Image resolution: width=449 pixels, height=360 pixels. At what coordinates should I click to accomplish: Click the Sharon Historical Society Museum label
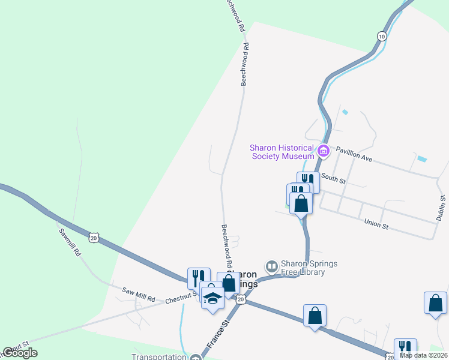pyautogui.click(x=282, y=152)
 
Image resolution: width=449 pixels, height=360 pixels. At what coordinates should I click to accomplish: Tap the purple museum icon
pyautogui.click(x=324, y=151)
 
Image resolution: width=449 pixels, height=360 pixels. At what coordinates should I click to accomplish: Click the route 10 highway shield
pyautogui.click(x=382, y=37)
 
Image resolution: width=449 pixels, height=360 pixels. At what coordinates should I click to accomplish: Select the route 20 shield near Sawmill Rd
pyautogui.click(x=93, y=238)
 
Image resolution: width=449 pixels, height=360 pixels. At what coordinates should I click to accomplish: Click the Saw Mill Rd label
pyautogui.click(x=139, y=294)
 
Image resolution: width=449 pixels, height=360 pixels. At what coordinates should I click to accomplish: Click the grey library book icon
pyautogui.click(x=272, y=265)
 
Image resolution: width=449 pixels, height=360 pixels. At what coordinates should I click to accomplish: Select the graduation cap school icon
pyautogui.click(x=212, y=297)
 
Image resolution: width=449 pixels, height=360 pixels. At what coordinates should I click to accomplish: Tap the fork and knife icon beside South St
pyautogui.click(x=308, y=181)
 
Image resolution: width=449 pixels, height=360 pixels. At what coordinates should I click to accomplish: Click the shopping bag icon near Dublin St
pyautogui.click(x=435, y=303)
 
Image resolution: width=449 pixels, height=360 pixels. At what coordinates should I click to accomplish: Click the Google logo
pyautogui.click(x=20, y=353)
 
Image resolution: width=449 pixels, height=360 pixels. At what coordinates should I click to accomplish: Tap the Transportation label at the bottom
pyautogui.click(x=160, y=356)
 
